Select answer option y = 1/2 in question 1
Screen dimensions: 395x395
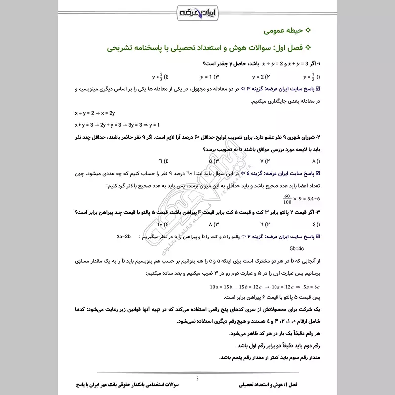point(311,77)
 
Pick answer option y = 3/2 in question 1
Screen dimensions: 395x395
point(160,77)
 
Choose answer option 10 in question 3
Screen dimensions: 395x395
point(163,225)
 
